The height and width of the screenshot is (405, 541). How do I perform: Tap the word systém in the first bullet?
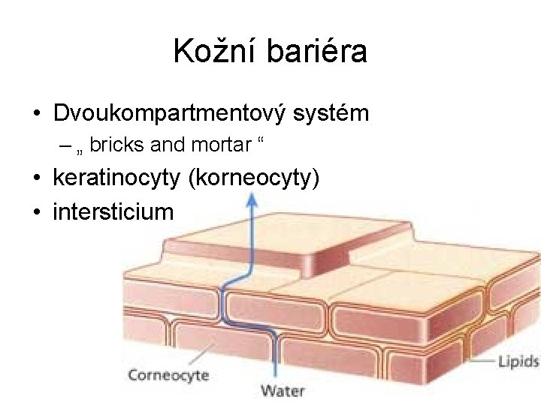point(332,114)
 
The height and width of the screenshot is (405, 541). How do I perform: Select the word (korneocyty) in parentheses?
point(255,178)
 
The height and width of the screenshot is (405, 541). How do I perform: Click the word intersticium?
point(113,211)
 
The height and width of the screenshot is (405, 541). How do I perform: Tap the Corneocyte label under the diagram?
point(168,375)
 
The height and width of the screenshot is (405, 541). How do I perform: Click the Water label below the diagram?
point(283,391)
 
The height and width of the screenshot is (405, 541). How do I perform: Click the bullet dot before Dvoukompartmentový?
point(36,115)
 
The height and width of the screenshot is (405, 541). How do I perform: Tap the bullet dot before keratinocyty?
point(36,179)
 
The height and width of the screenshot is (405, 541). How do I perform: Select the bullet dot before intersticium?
point(36,212)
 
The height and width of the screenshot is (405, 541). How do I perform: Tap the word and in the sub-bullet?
point(168,145)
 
